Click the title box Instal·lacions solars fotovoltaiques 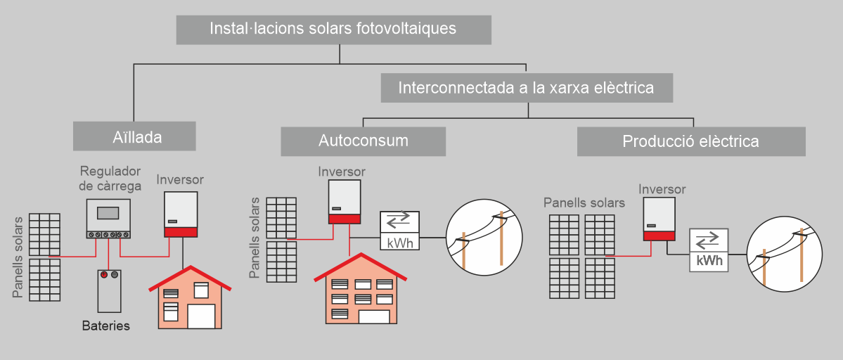tap(333, 30)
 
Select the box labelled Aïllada tap(134, 136)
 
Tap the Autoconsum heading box tap(363, 141)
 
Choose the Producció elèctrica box tap(690, 141)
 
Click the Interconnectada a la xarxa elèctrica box tap(526, 88)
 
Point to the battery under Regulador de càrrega tap(109, 290)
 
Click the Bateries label tap(106, 326)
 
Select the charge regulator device tap(108, 219)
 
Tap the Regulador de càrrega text tap(110, 179)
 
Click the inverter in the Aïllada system tap(181, 214)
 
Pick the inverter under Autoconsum tap(345, 202)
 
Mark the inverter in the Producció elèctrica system tap(659, 219)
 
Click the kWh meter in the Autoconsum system tap(399, 231)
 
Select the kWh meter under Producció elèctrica tap(709, 250)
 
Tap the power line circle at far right tap(784, 255)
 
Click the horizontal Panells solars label tap(584, 203)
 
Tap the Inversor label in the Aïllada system tap(180, 179)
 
